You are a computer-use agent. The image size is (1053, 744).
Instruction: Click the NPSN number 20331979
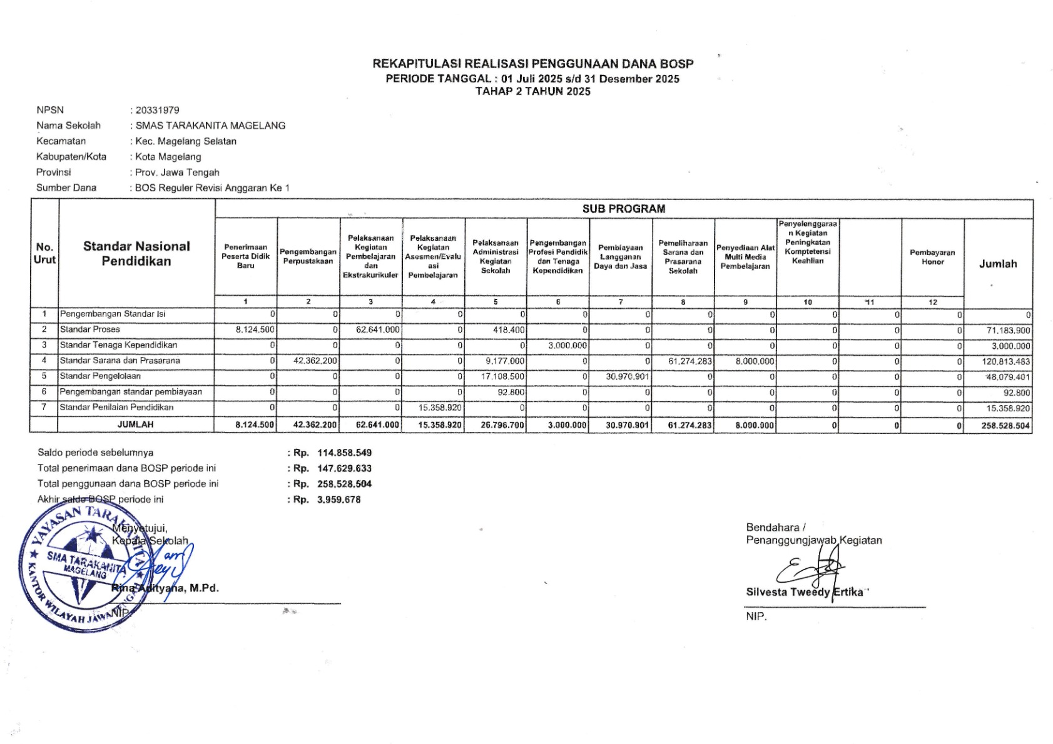click(157, 110)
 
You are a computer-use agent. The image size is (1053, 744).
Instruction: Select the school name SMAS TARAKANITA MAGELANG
click(210, 126)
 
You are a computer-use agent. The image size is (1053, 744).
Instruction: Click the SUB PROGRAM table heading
click(623, 209)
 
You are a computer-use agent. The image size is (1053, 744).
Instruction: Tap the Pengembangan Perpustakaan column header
click(308, 256)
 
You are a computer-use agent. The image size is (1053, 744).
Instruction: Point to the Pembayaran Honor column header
click(932, 257)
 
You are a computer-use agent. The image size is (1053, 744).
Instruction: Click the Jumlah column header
click(998, 264)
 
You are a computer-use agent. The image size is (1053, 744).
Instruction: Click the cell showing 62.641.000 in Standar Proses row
click(377, 329)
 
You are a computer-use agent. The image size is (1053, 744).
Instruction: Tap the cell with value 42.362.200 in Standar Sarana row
click(315, 361)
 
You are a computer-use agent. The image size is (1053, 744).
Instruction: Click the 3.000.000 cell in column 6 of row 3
click(567, 345)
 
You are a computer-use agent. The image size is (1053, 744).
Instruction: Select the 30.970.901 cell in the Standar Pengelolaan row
click(628, 376)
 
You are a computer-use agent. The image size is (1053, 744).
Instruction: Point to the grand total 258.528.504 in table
click(1005, 425)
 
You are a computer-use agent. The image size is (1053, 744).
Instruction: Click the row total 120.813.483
click(1005, 361)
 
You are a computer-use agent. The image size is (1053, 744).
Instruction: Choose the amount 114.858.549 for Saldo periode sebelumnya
click(344, 453)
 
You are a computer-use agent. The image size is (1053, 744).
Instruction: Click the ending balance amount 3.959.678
click(338, 500)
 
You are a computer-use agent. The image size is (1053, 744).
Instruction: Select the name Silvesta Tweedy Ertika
click(804, 592)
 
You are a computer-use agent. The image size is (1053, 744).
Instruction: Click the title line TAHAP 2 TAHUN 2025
click(532, 91)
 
